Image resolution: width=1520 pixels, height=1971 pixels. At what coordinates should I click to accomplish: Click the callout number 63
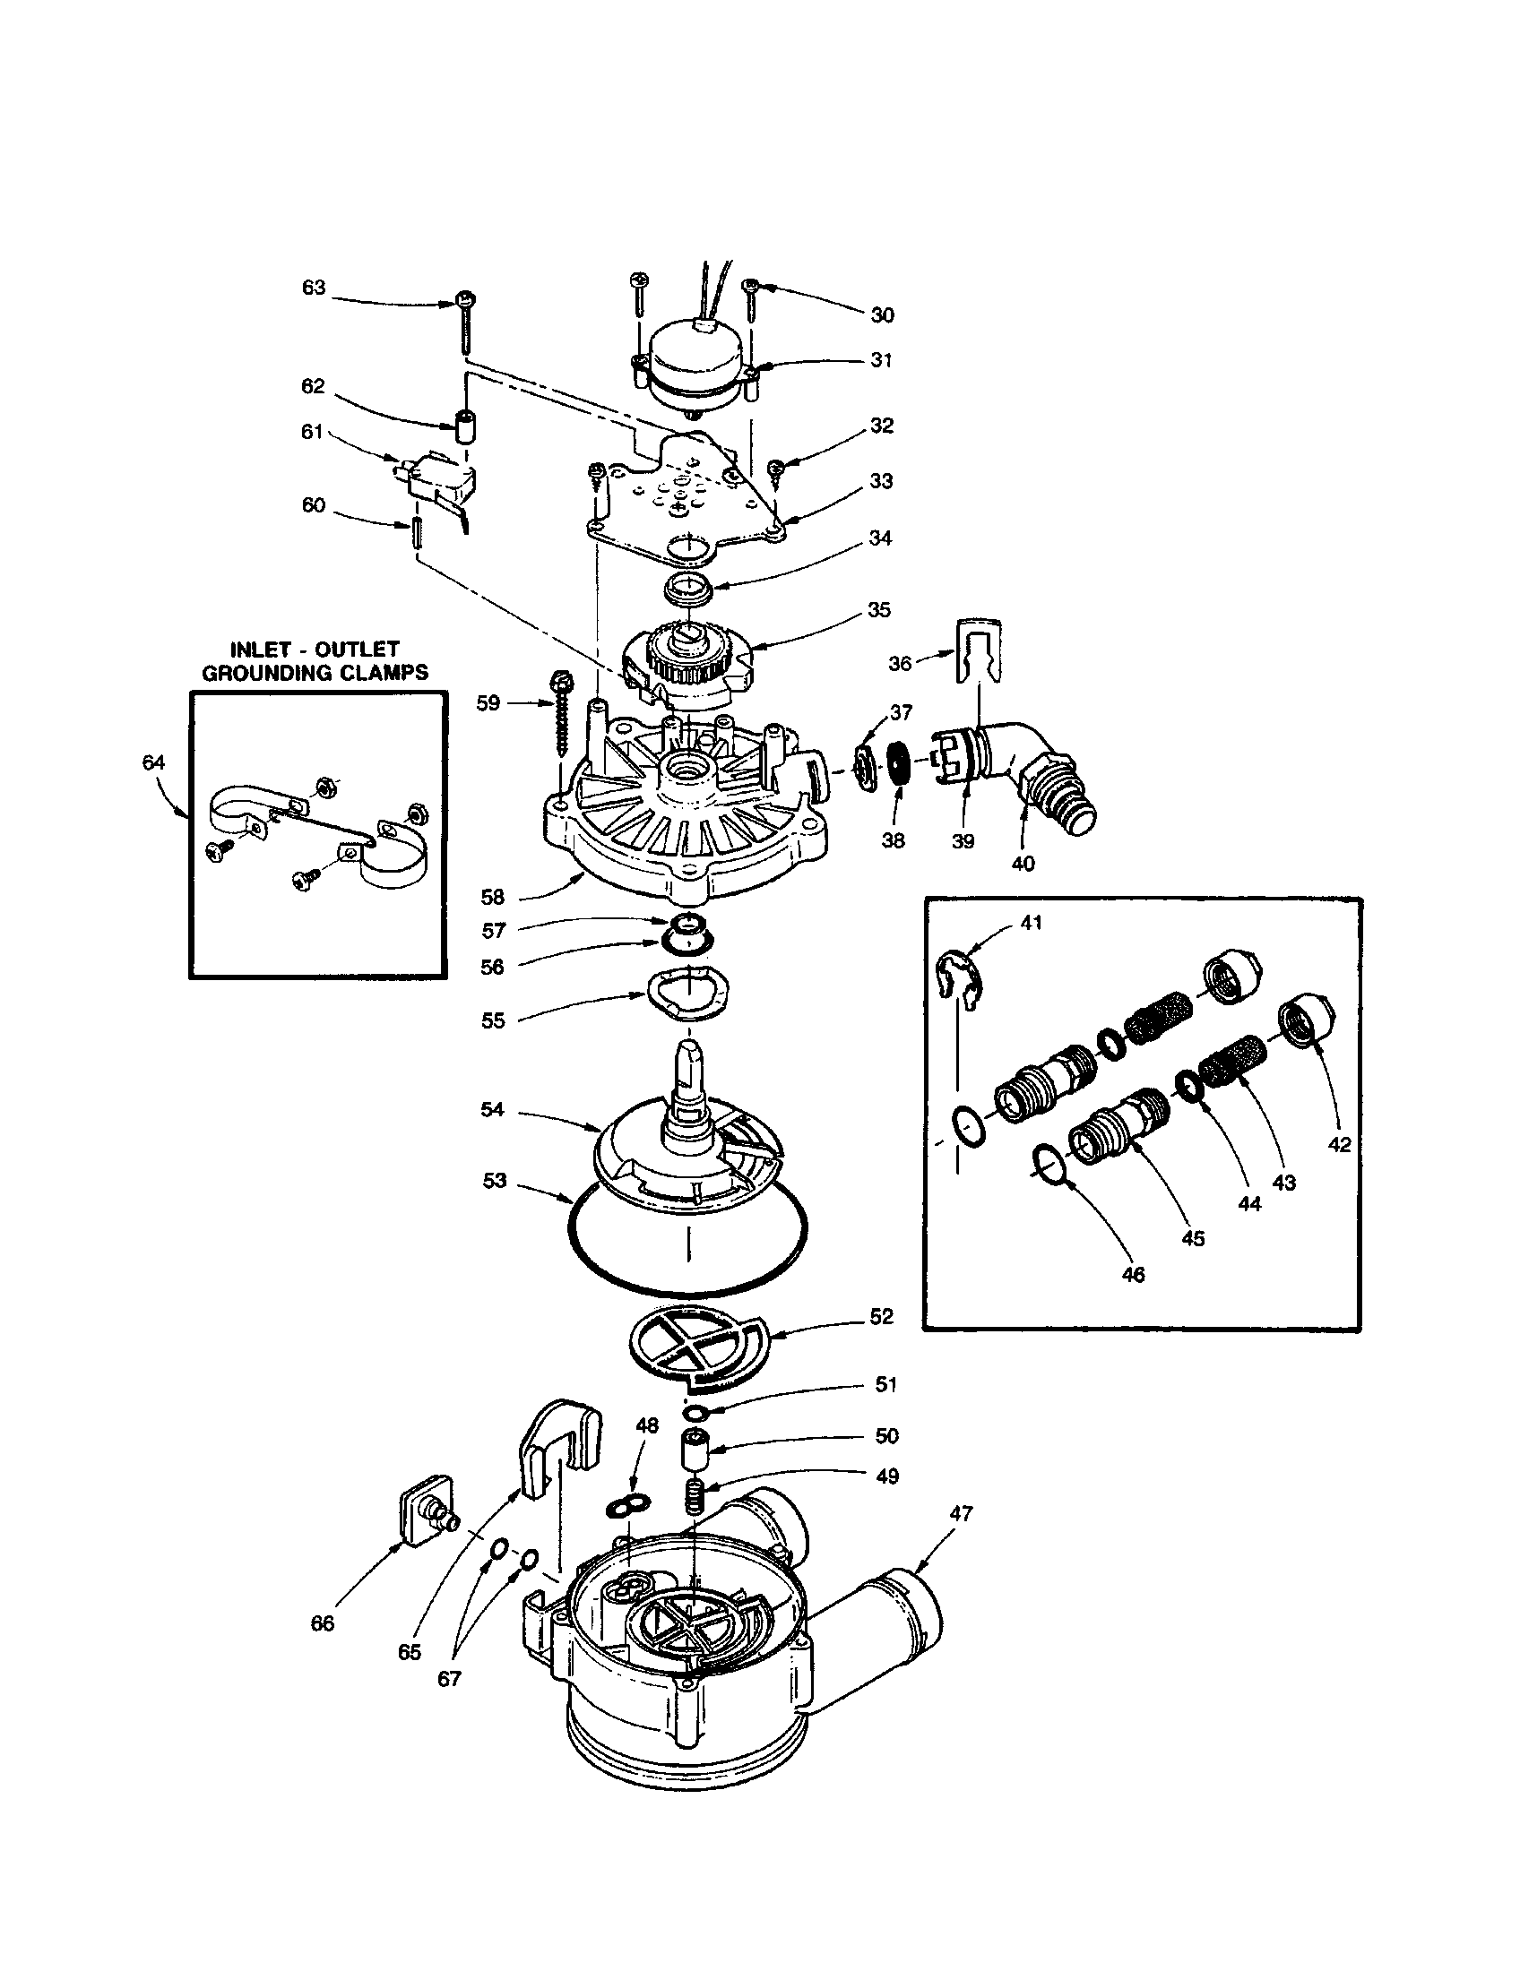pyautogui.click(x=313, y=288)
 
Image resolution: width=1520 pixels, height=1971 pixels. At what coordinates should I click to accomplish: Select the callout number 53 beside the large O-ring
pyautogui.click(x=494, y=1181)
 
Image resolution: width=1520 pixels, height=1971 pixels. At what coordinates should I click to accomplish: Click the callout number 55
pyautogui.click(x=493, y=1020)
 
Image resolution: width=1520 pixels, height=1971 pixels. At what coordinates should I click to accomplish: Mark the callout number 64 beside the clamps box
pyautogui.click(x=154, y=762)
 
